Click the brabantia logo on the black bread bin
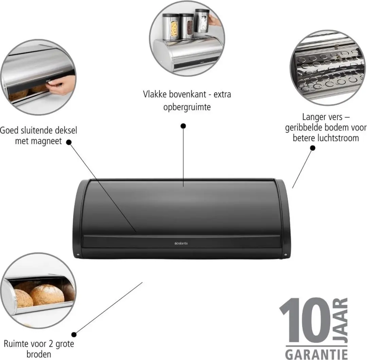(x=181, y=243)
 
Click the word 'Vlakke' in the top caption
(x=155, y=94)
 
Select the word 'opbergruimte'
(x=187, y=107)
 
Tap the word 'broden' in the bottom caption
(x=39, y=354)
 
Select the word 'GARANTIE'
(x=316, y=354)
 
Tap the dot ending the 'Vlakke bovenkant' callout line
(x=183, y=126)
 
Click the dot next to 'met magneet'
(x=69, y=142)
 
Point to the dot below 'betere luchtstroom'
(x=313, y=148)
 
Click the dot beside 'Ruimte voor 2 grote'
(x=74, y=334)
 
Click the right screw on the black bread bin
(x=285, y=255)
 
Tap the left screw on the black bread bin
(x=78, y=255)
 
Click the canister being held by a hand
(x=202, y=21)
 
